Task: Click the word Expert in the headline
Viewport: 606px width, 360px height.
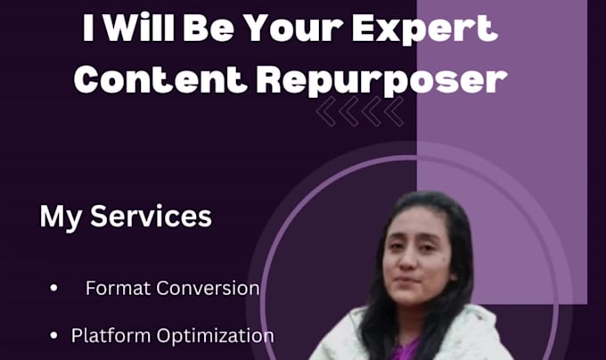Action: point(425,29)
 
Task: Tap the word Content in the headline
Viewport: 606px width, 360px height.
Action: point(160,79)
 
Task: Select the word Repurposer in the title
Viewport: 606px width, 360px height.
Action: point(381,81)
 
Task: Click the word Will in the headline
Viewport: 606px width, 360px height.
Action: point(139,27)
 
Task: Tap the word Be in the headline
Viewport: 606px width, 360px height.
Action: point(209,28)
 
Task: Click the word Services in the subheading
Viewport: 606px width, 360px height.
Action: point(151,217)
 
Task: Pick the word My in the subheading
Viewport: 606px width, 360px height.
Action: point(61,218)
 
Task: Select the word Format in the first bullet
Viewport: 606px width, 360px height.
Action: point(119,288)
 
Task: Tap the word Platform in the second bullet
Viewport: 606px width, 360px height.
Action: point(111,335)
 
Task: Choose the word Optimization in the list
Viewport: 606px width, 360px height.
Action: point(216,336)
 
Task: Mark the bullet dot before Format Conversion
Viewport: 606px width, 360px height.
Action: point(53,288)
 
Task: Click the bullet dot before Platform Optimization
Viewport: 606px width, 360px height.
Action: point(53,335)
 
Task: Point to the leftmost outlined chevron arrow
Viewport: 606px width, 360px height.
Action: point(326,111)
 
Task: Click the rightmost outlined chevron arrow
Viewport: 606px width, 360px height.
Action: point(394,111)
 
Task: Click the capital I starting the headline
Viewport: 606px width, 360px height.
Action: point(88,28)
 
